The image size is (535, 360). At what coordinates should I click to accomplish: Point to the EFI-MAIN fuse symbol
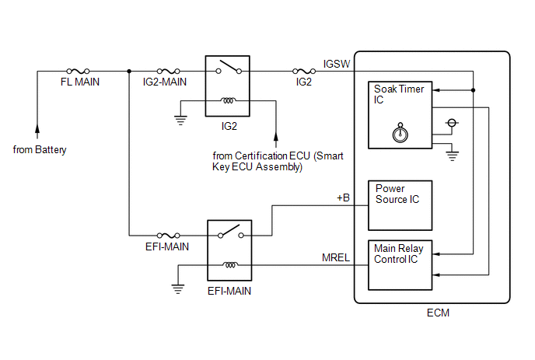170,234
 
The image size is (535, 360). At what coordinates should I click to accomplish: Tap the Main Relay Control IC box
400,263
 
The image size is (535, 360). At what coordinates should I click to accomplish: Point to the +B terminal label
344,198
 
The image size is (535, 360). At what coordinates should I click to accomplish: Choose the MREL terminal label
337,257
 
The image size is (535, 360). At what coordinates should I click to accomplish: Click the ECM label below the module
439,313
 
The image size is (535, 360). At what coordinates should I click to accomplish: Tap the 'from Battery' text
40,149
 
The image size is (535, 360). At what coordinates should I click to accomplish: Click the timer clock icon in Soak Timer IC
400,132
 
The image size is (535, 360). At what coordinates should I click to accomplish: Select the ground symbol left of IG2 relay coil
181,120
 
